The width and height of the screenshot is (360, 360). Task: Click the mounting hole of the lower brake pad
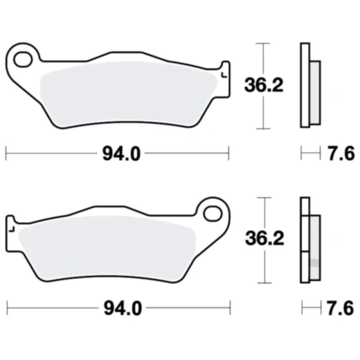pyautogui.click(x=213, y=210)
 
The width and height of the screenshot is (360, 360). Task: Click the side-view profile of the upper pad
pyautogui.click(x=305, y=85)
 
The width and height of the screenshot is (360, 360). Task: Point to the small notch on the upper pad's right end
pyautogui.click(x=223, y=74)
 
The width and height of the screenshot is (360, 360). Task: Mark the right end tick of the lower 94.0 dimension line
pyautogui.click(x=228, y=306)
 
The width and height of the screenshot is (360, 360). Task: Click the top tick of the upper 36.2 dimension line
pyautogui.click(x=262, y=43)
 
